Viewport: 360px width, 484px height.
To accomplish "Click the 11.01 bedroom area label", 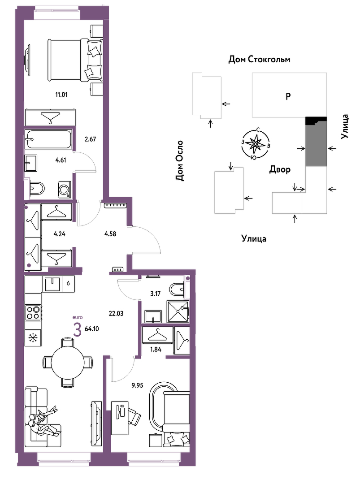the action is [x=61, y=95].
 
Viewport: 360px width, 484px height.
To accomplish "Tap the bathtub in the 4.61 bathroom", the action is [x=49, y=139].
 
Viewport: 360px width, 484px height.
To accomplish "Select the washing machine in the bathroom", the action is [x=65, y=189].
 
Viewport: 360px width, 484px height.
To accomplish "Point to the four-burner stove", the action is [x=33, y=312].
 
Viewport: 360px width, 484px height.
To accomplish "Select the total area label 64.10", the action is [x=92, y=329].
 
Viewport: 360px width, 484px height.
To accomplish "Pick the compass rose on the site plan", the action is [x=256, y=143].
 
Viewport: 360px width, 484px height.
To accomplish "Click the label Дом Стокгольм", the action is [x=259, y=59].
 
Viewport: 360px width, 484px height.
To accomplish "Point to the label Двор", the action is [x=280, y=169].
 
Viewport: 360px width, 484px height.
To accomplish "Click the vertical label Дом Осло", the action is [x=179, y=160].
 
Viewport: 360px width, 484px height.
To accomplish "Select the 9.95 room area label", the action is [x=137, y=385].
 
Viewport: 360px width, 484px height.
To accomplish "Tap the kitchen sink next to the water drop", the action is [x=52, y=284].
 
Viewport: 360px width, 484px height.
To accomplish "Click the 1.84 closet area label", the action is [x=155, y=350].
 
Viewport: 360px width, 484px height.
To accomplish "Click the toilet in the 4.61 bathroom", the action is [x=36, y=188].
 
